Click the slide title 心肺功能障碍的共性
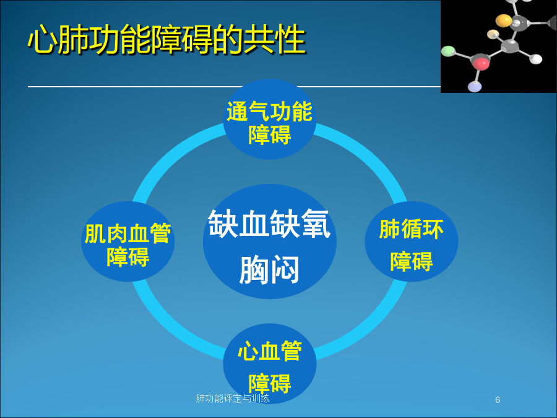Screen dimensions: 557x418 pyautogui.click(x=166, y=40)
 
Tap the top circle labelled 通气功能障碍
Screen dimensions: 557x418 pyautogui.click(x=270, y=120)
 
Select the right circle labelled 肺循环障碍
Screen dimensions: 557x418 pyautogui.click(x=412, y=242)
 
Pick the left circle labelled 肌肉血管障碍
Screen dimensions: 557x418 pyautogui.click(x=128, y=242)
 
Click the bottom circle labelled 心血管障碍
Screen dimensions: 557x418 pyautogui.click(x=270, y=364)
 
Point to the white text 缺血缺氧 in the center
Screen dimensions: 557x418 pyautogui.click(x=270, y=224)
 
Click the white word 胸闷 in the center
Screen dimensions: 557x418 pyautogui.click(x=270, y=270)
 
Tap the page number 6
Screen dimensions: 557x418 pyautogui.click(x=498, y=400)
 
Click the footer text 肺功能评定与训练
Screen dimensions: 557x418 pyautogui.click(x=233, y=398)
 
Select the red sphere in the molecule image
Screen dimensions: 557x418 pyautogui.click(x=481, y=64)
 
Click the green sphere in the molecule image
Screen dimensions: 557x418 pyautogui.click(x=448, y=51)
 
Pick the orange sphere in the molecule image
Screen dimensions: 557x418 pyautogui.click(x=504, y=20)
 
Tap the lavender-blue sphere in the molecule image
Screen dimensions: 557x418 pyautogui.click(x=475, y=86)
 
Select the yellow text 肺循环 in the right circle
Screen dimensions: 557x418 pyautogui.click(x=412, y=229)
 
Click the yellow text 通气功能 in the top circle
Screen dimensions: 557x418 pyautogui.click(x=270, y=111)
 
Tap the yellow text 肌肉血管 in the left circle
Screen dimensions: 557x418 pyautogui.click(x=128, y=233)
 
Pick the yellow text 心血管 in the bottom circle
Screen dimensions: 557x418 pyautogui.click(x=270, y=351)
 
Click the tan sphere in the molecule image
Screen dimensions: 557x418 pyautogui.click(x=493, y=35)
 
